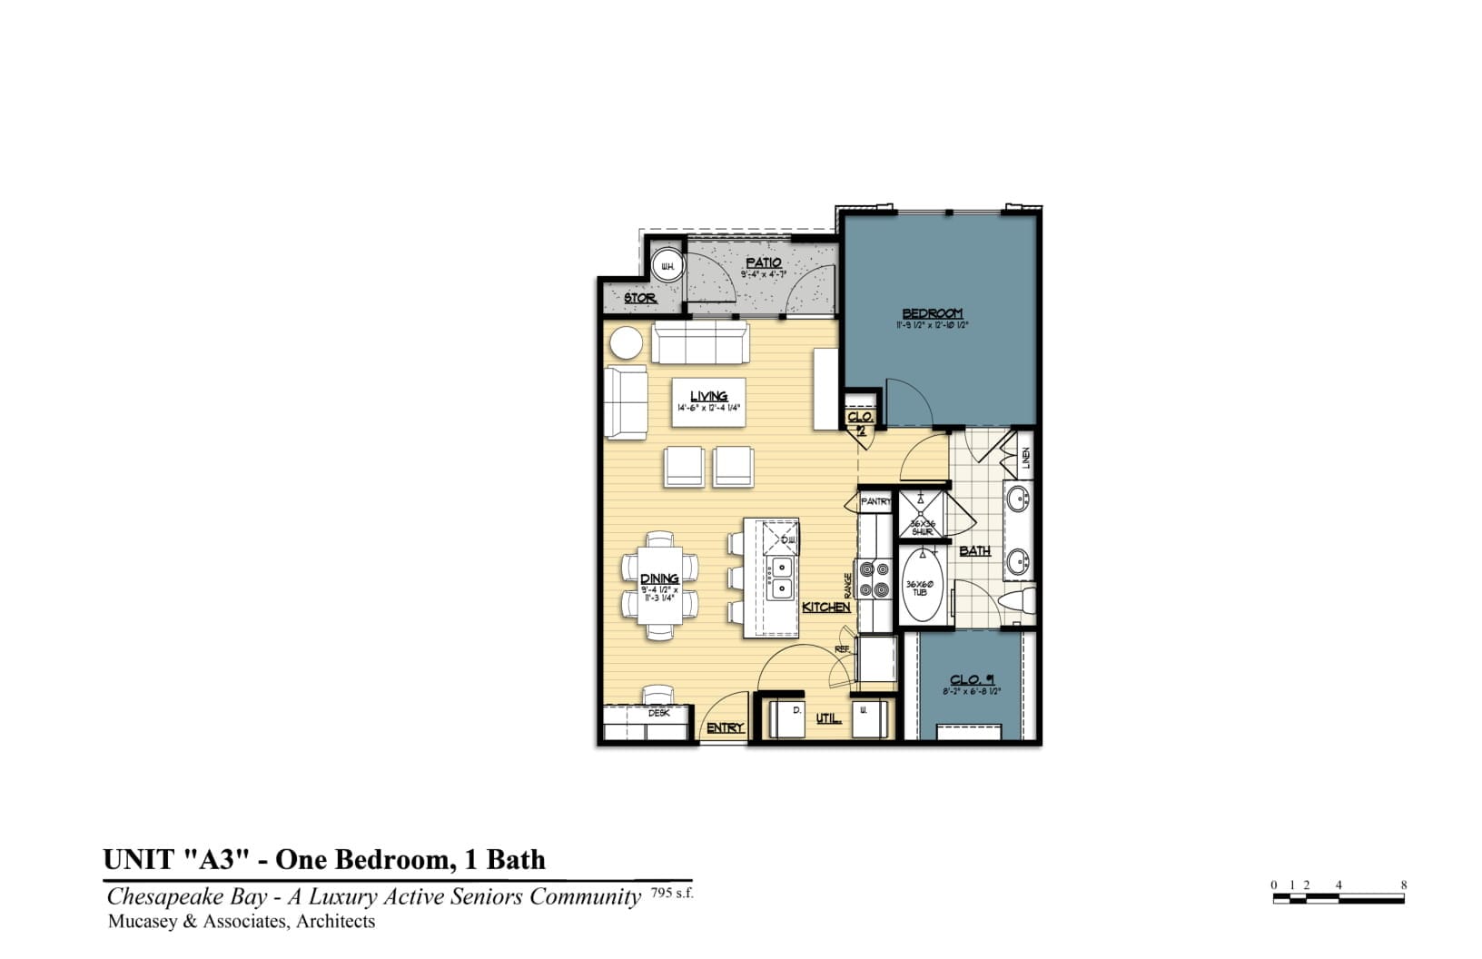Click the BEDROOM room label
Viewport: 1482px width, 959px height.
pyautogui.click(x=932, y=313)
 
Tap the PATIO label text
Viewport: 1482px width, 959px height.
pyautogui.click(x=763, y=262)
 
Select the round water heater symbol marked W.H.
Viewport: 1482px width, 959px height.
pyautogui.click(x=667, y=266)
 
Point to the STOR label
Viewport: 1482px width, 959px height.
pyautogui.click(x=639, y=298)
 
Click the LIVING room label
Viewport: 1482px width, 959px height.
pyautogui.click(x=708, y=396)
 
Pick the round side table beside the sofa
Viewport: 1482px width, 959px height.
pyautogui.click(x=626, y=344)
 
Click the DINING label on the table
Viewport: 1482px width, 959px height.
pyautogui.click(x=659, y=578)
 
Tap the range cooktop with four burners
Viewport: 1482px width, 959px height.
pyautogui.click(x=875, y=579)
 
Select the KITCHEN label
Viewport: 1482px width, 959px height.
pyautogui.click(x=825, y=607)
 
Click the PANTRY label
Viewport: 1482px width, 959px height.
pyautogui.click(x=875, y=501)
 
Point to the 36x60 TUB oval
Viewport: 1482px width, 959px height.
pyautogui.click(x=921, y=586)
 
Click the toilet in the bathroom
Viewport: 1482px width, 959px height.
pyautogui.click(x=1021, y=600)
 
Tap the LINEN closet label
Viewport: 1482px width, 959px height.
pyautogui.click(x=1026, y=458)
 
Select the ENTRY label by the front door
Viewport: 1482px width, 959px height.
pyautogui.click(x=725, y=727)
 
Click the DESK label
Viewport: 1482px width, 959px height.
pyautogui.click(x=658, y=713)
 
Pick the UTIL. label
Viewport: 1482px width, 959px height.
pyautogui.click(x=827, y=718)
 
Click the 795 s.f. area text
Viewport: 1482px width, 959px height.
pyautogui.click(x=672, y=894)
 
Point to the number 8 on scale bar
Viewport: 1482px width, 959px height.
pyautogui.click(x=1403, y=885)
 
